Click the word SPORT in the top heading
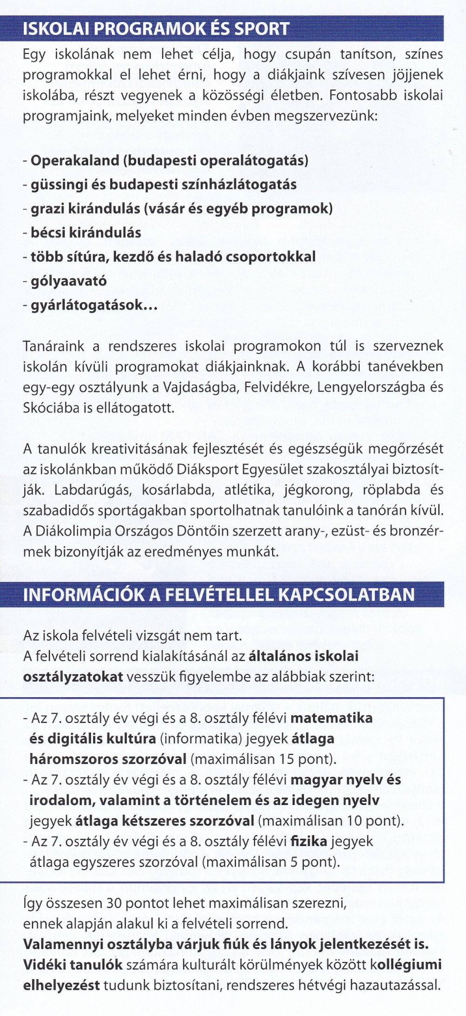pyautogui.click(x=261, y=29)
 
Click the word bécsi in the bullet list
pyautogui.click(x=46, y=233)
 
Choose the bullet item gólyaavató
pyautogui.click(x=69, y=281)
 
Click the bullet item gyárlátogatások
pyautogui.click(x=93, y=305)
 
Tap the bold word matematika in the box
pyautogui.click(x=331, y=718)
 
